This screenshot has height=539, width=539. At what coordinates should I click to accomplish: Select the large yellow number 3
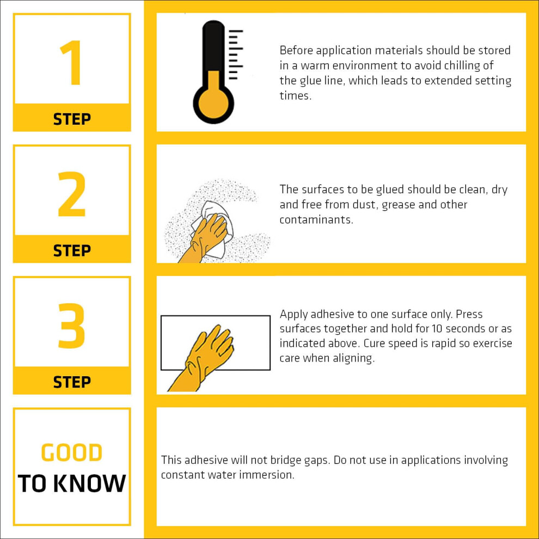click(71, 326)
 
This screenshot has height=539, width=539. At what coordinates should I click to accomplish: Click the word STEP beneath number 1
click(72, 119)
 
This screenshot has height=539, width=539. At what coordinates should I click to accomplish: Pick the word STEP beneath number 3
click(72, 382)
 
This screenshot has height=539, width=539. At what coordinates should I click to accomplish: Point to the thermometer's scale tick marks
click(236, 54)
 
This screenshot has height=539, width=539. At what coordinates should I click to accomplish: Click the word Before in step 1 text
click(296, 50)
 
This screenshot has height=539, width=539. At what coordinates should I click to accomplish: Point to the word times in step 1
click(296, 96)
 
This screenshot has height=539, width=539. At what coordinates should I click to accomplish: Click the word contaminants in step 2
click(316, 219)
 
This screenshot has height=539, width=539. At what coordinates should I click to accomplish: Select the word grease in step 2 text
click(399, 205)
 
